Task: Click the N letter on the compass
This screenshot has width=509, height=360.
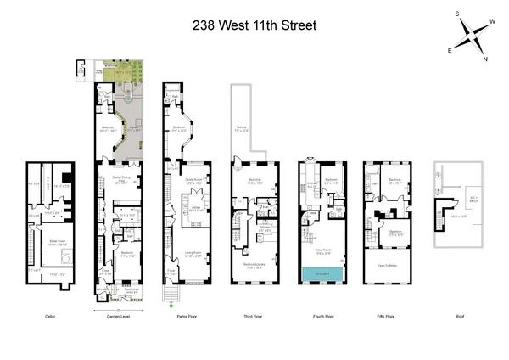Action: tap(486, 59)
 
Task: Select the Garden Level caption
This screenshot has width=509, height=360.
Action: tap(116, 316)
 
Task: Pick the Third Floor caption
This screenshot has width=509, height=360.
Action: tap(254, 316)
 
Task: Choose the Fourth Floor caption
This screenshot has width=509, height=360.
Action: tap(323, 316)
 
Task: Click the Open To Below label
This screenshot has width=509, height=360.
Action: tap(387, 265)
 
